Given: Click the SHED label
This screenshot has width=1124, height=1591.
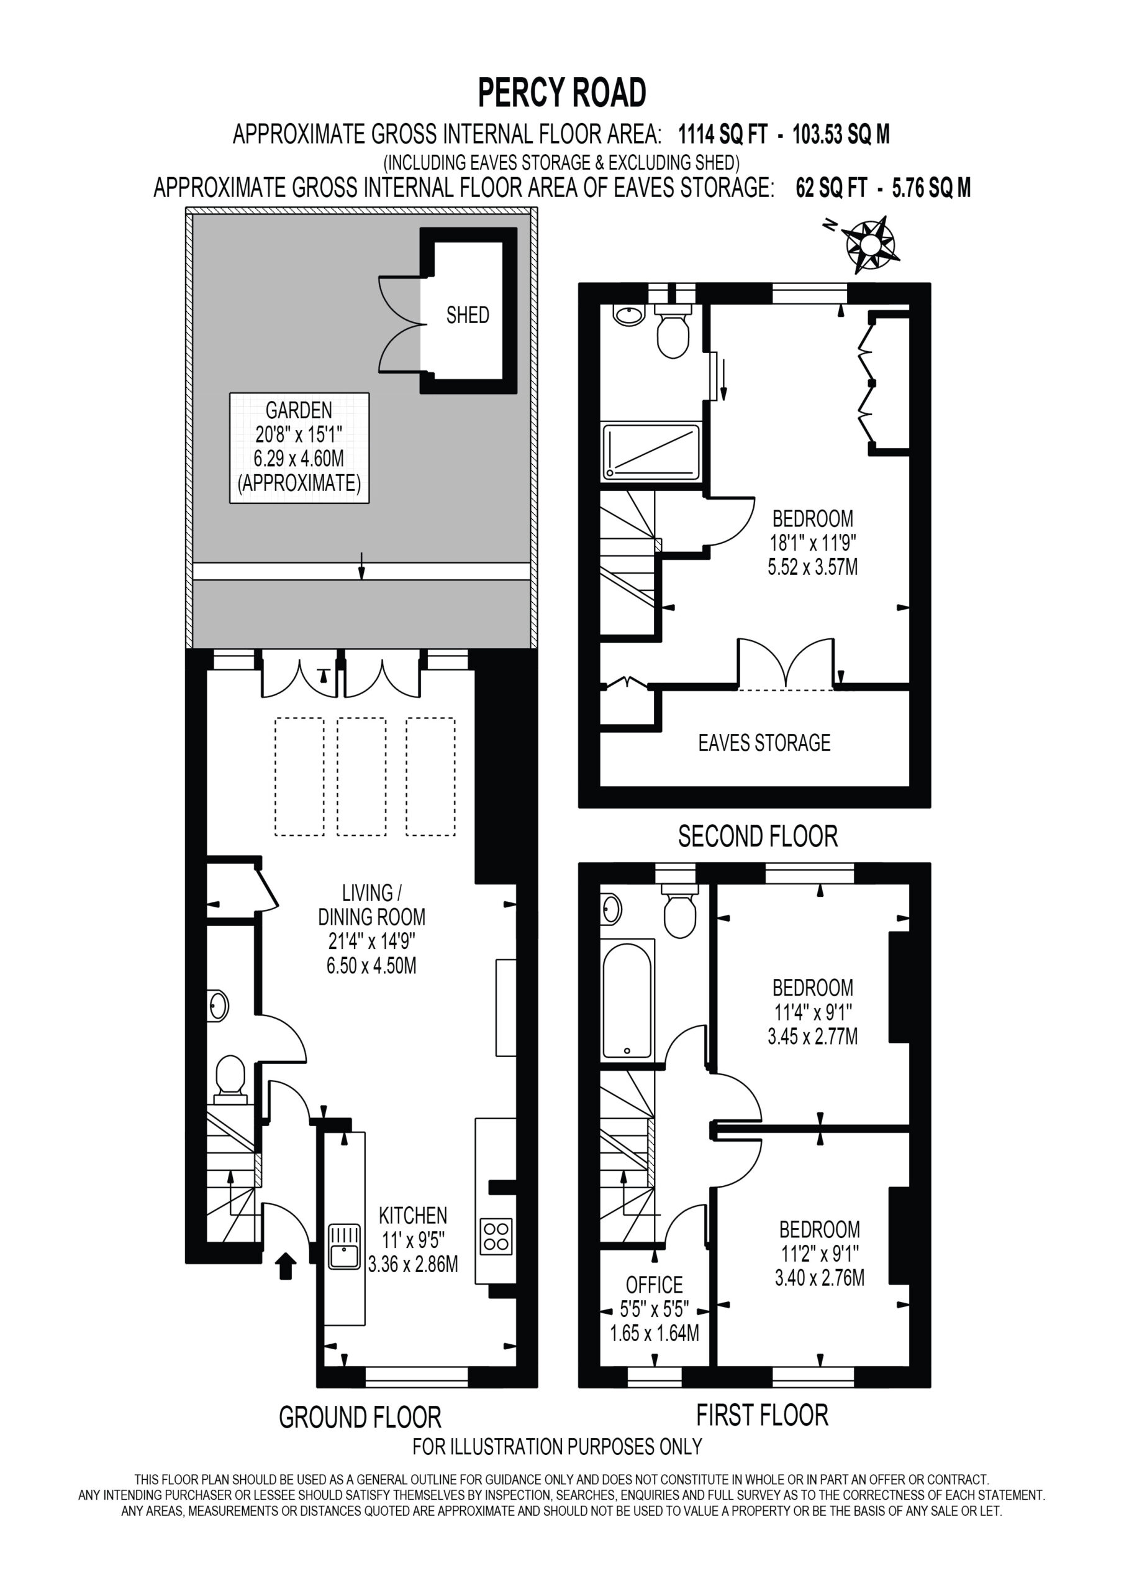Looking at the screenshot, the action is [x=468, y=315].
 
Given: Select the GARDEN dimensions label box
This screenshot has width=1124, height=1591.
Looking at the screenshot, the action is [x=299, y=447].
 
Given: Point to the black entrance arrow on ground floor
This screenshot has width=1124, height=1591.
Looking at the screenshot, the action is [x=286, y=1265].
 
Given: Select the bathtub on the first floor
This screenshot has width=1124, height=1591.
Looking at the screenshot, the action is [x=627, y=999].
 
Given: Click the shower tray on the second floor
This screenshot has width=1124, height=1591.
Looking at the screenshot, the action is [x=651, y=452].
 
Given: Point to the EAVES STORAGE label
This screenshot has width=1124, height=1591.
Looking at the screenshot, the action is [x=764, y=743].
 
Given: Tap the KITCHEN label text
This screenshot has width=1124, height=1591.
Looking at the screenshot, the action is [x=413, y=1216].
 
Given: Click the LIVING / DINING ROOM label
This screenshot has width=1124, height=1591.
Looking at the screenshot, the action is [x=372, y=904].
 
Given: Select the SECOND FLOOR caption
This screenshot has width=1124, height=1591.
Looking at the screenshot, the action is [x=758, y=837].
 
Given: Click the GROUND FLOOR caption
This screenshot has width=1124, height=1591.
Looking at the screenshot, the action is [x=360, y=1417].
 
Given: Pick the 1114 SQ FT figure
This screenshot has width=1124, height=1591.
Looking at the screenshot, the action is [x=723, y=134].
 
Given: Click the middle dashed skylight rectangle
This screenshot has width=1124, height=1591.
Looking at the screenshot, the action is [x=361, y=777].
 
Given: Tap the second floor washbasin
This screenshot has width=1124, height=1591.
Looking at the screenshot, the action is [x=629, y=316].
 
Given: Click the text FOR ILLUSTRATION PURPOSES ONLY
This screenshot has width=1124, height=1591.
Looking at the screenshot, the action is [x=558, y=1446].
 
